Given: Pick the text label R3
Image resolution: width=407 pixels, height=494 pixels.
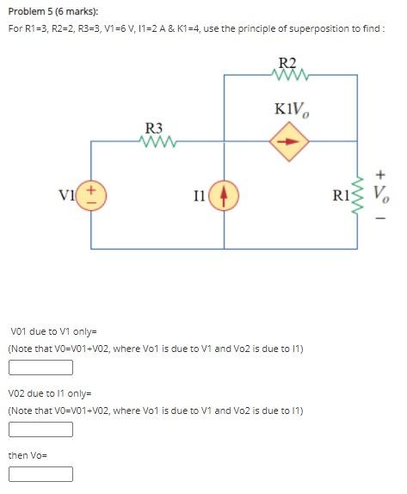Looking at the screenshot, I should (x=155, y=128).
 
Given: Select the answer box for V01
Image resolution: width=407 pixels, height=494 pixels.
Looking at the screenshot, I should (x=40, y=368).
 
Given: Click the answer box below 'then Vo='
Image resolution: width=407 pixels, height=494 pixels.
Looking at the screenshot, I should (x=40, y=474).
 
